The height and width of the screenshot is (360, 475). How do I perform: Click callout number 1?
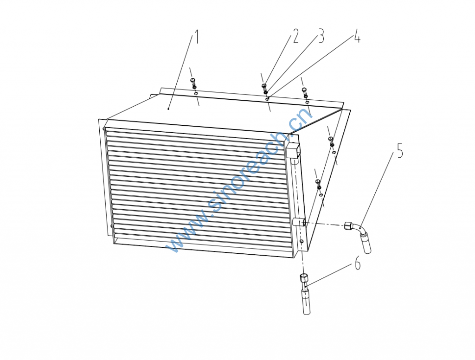(x=196, y=36)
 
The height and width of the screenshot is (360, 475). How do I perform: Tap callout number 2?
(x=295, y=36)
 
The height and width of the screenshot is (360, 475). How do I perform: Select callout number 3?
(x=321, y=36)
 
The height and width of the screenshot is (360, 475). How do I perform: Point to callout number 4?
(x=357, y=36)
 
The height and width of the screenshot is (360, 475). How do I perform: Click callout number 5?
(x=400, y=151)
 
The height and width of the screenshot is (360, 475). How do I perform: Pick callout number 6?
(x=358, y=263)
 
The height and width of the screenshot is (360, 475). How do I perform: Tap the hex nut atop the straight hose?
(x=303, y=277)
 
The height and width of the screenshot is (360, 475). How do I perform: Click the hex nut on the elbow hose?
(x=348, y=226)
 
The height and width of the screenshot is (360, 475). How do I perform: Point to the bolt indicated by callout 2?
(x=264, y=89)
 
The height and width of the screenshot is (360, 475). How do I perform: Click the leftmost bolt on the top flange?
(x=193, y=84)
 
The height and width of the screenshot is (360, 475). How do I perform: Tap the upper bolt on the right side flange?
(x=331, y=142)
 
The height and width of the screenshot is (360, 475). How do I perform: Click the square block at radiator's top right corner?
(x=292, y=151)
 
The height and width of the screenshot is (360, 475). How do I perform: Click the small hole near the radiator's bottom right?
(x=301, y=241)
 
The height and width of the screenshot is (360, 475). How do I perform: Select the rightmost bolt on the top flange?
(x=305, y=93)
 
